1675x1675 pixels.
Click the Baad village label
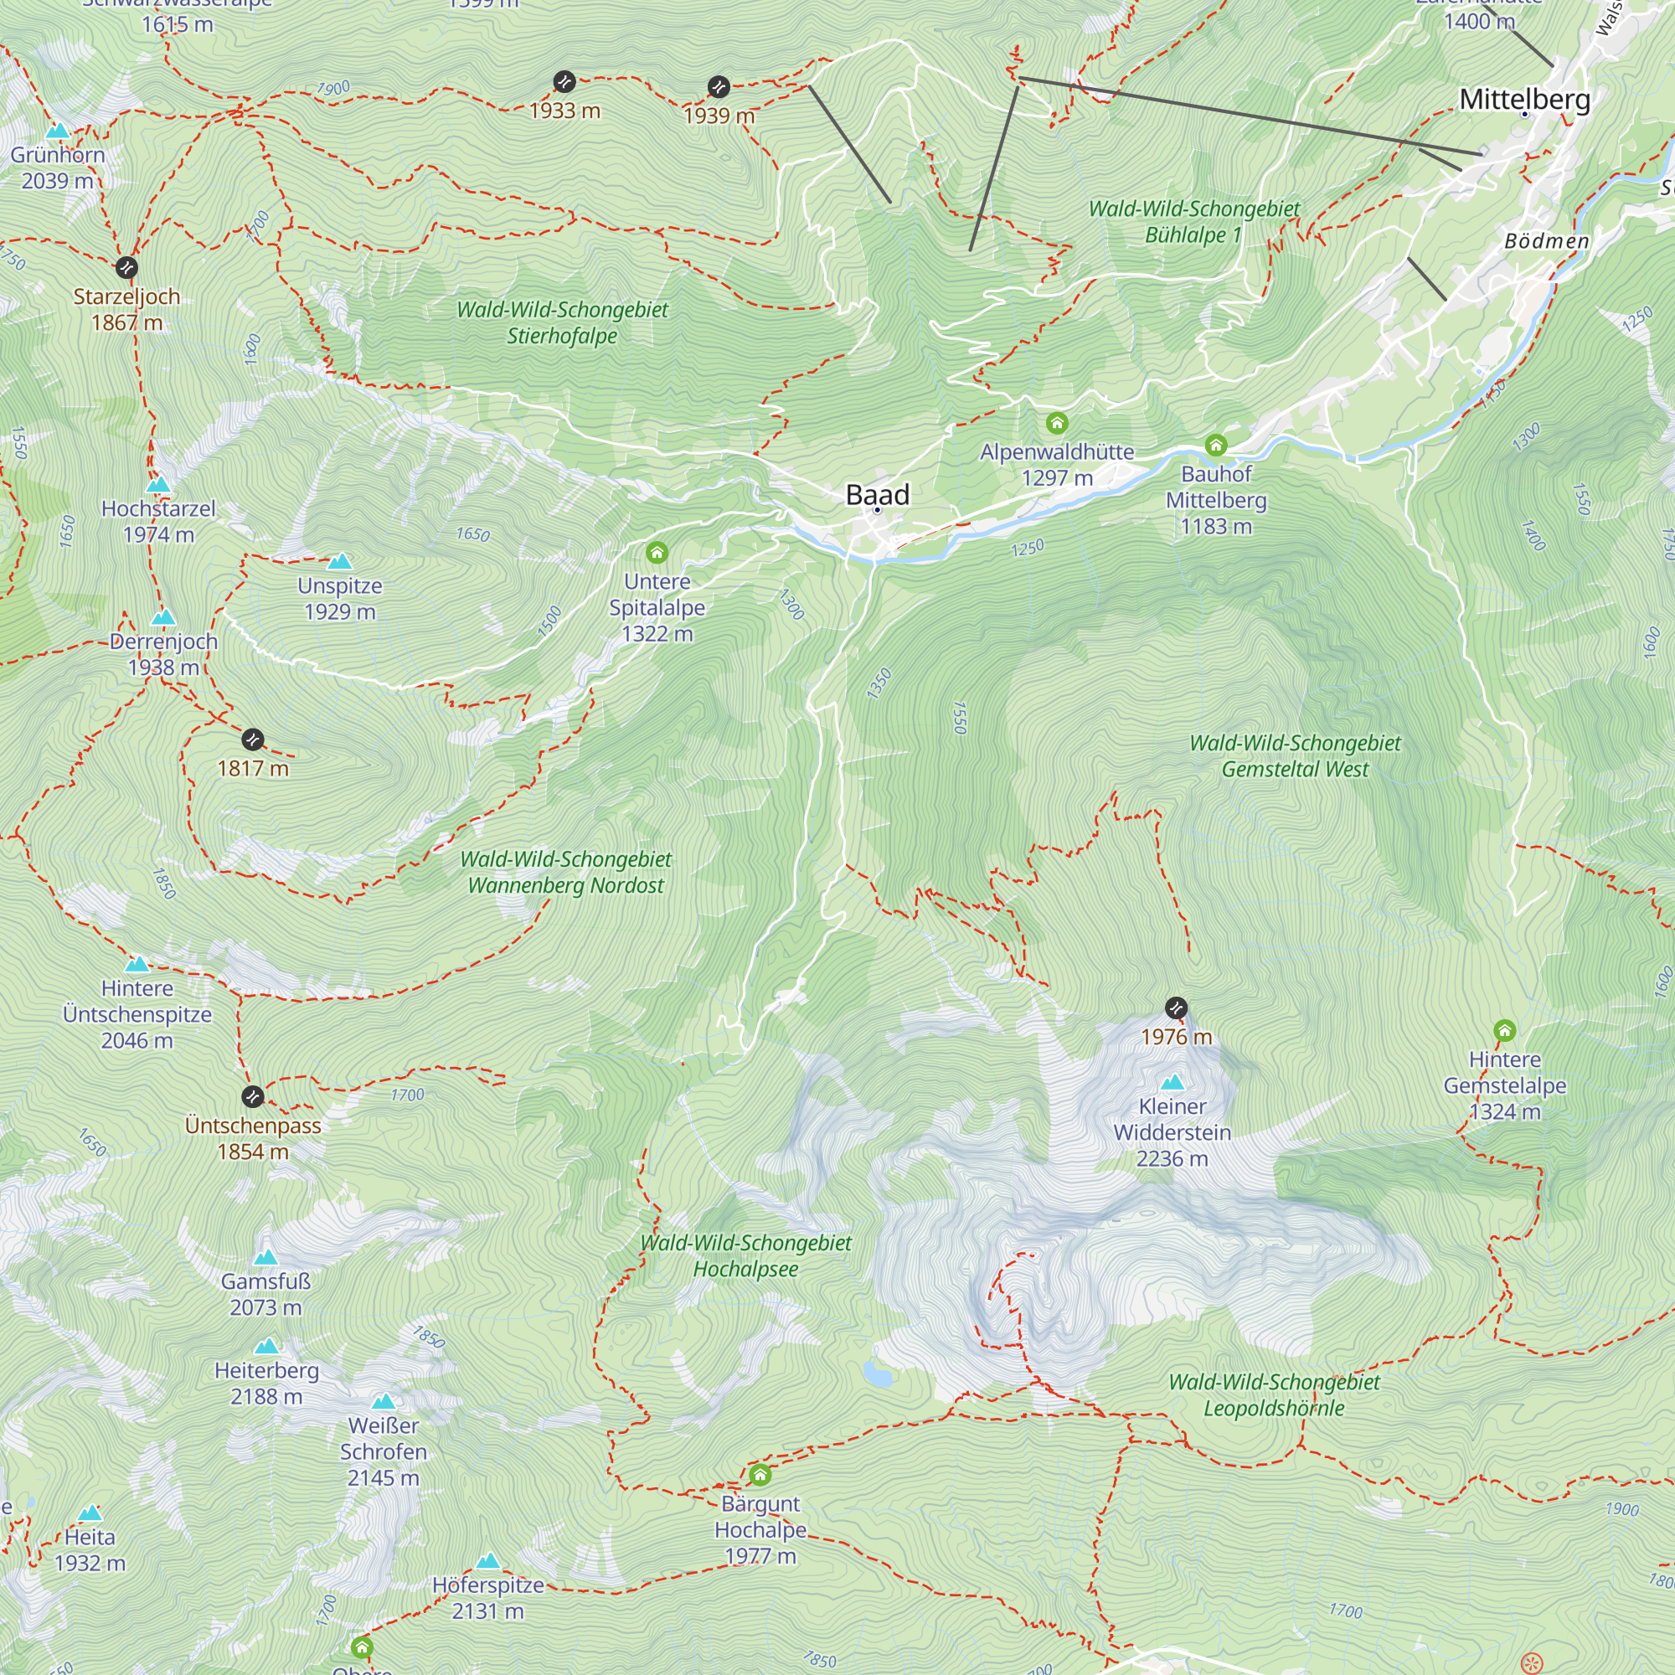point(878,495)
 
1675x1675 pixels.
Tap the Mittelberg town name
point(1524,99)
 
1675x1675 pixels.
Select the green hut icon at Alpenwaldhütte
point(1056,423)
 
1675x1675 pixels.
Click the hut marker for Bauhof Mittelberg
point(1215,446)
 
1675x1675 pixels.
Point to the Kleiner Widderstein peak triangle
point(1172,1082)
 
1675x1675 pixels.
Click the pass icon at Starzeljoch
point(126,267)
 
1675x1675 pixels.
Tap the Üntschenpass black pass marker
point(252,1097)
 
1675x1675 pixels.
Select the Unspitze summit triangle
point(340,562)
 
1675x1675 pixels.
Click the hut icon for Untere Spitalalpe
point(657,552)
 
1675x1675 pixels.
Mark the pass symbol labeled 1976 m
point(1176,1008)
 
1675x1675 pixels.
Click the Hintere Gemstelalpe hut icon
point(1504,1031)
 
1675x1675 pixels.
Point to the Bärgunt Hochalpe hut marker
point(760,1475)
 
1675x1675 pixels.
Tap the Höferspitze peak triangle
point(487,1561)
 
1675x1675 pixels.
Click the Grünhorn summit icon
point(57,131)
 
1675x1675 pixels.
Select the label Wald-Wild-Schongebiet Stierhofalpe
point(562,322)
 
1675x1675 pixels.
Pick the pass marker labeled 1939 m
point(718,87)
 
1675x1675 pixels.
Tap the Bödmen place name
point(1546,241)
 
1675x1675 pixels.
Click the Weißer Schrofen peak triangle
point(384,1402)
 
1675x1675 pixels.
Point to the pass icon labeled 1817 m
point(252,740)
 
